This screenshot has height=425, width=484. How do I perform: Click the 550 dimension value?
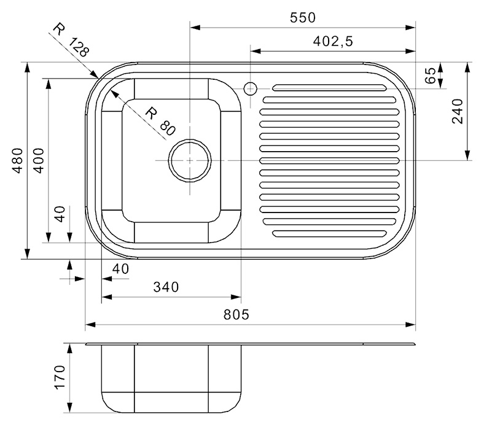[x=302, y=18]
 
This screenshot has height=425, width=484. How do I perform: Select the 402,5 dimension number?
[x=333, y=41]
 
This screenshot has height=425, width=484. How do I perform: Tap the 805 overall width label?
[x=236, y=314]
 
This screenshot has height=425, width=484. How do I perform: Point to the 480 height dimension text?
[x=18, y=160]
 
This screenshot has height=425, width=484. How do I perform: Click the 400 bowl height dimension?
[x=39, y=160]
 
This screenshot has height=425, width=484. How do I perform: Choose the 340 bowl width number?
[x=166, y=287]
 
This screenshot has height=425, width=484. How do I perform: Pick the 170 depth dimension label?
[x=60, y=377]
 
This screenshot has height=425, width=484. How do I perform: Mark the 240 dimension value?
[x=458, y=111]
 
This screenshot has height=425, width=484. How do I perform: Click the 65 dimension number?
[x=431, y=76]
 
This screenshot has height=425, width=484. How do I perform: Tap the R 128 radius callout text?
[x=71, y=40]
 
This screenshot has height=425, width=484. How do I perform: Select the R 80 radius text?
[x=160, y=122]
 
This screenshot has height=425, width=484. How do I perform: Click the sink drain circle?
[x=190, y=160]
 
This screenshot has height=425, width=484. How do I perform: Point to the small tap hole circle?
[x=250, y=89]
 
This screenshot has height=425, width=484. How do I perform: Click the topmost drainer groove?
[x=329, y=88]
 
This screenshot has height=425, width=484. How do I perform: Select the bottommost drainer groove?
[x=329, y=233]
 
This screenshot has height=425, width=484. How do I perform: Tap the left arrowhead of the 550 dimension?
[x=195, y=28]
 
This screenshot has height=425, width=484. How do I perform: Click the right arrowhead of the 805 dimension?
[x=410, y=325]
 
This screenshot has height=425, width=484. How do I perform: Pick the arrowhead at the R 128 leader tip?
[x=94, y=74]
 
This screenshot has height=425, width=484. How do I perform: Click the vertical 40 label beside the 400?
[x=60, y=214]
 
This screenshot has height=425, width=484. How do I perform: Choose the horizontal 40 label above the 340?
[x=120, y=269]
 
